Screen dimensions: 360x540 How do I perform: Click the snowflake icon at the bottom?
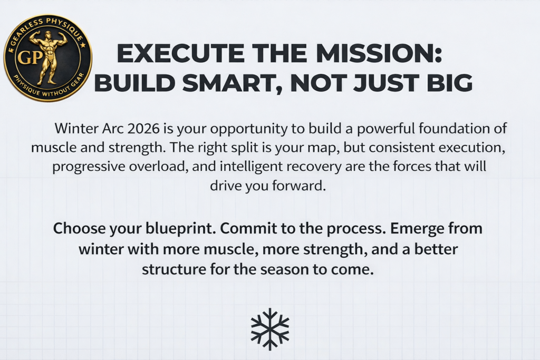pyautogui.click(x=269, y=329)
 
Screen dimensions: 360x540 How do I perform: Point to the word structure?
pyautogui.click(x=177, y=269)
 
